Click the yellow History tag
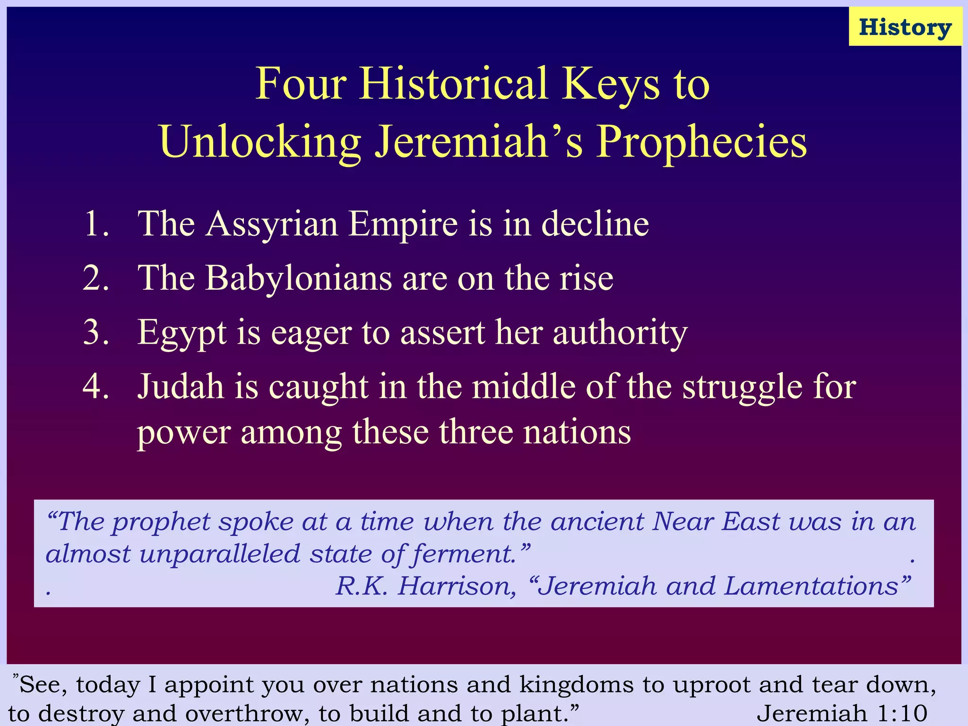tap(905, 27)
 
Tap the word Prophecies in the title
tap(701, 142)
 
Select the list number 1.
tap(96, 224)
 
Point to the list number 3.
tap(96, 332)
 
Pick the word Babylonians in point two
tap(298, 278)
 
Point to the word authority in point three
tap(620, 333)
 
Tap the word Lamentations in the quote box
tap(811, 586)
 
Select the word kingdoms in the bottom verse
tap(576, 685)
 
